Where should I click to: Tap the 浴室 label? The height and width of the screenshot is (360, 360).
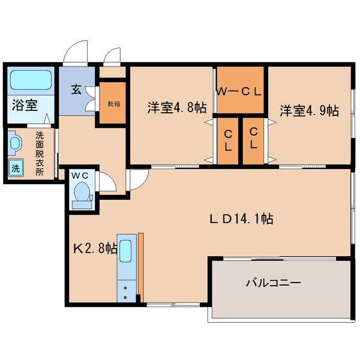pos(25,106)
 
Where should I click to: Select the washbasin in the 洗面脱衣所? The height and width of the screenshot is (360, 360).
pos(15,145)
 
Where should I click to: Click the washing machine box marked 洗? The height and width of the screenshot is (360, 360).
pos(16,167)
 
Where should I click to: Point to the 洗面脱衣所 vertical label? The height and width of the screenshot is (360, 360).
pos(39,154)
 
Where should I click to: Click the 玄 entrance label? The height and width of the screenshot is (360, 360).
pos(77,90)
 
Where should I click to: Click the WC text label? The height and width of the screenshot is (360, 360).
pos(80,175)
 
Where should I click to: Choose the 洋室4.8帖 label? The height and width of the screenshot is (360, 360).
pos(178,108)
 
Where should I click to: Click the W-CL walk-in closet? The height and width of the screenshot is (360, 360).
pos(240,91)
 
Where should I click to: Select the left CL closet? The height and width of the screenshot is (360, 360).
pos(229,139)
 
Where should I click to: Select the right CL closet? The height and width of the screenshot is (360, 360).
pos(253,139)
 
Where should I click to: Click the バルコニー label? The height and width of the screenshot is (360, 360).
pos(273,282)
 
